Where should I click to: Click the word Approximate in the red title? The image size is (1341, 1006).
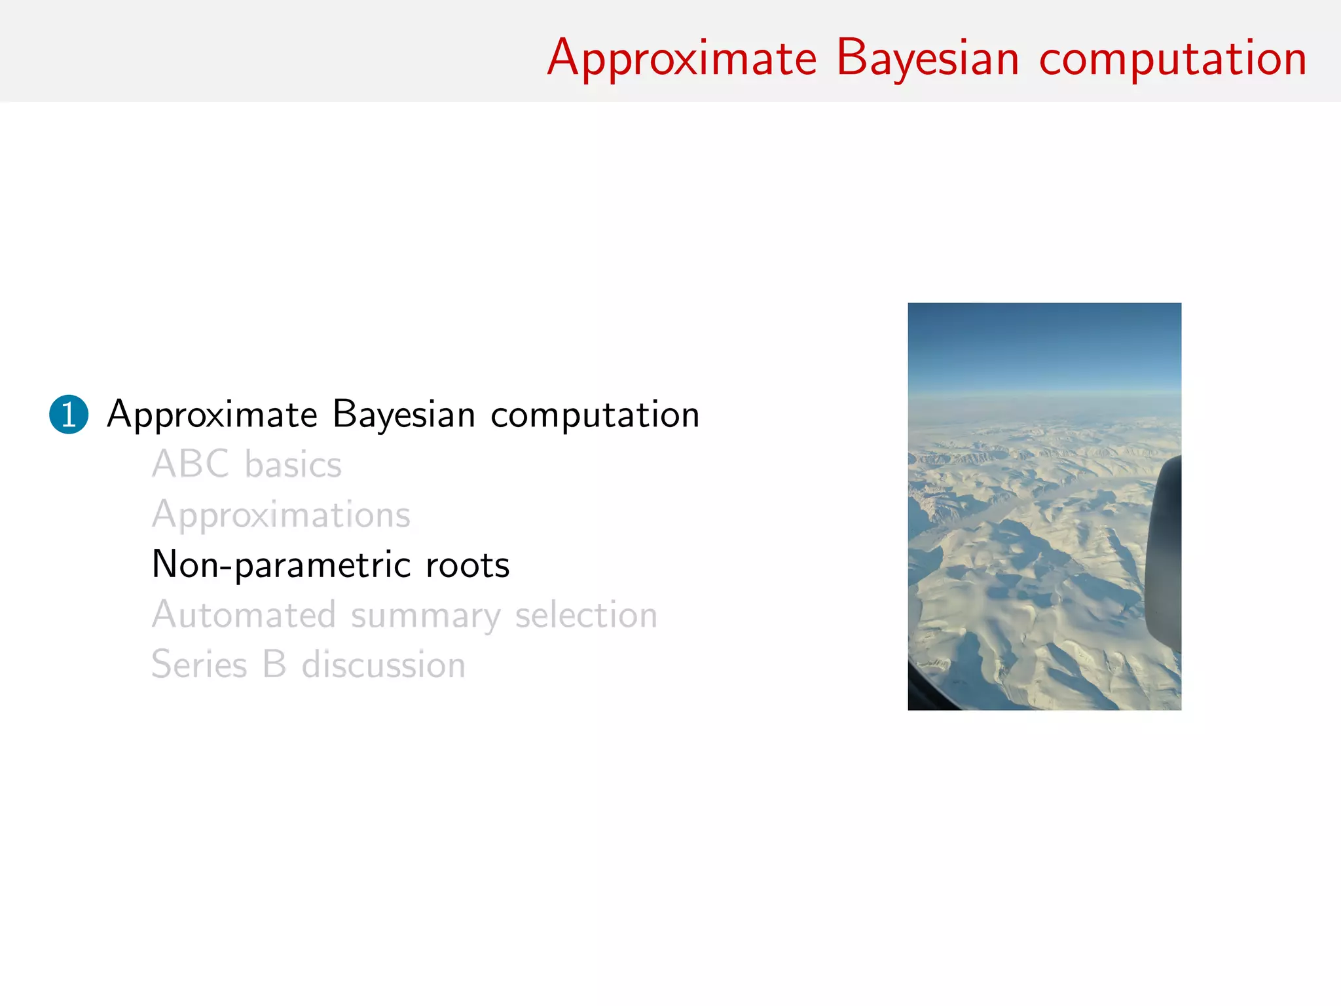point(682,59)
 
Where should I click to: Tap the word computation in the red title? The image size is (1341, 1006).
point(1173,59)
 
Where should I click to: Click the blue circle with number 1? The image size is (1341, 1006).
point(69,415)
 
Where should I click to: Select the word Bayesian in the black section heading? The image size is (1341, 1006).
point(403,415)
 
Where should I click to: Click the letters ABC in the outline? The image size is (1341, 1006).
point(191,464)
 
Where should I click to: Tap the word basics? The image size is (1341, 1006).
point(293,465)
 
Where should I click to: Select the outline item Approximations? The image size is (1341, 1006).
point(281,515)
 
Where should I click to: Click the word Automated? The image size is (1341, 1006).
point(244,615)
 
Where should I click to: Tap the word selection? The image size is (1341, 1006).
point(586,615)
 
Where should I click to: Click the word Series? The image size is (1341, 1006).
point(199,665)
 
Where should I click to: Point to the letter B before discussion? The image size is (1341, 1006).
point(274,665)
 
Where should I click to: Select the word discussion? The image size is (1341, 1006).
point(383,665)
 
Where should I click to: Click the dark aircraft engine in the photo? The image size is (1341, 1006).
point(1164,557)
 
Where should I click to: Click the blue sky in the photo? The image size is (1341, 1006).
point(1044,347)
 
